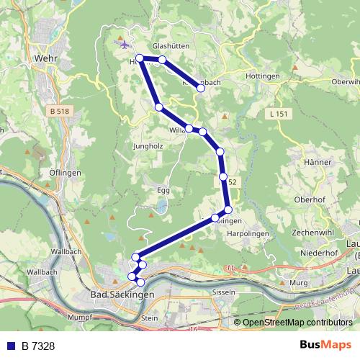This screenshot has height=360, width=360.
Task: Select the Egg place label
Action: (163, 190)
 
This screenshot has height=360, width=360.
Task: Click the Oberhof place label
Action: (311, 199)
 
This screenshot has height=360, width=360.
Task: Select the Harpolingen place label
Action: (247, 233)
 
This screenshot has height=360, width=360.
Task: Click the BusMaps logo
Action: (325, 346)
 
